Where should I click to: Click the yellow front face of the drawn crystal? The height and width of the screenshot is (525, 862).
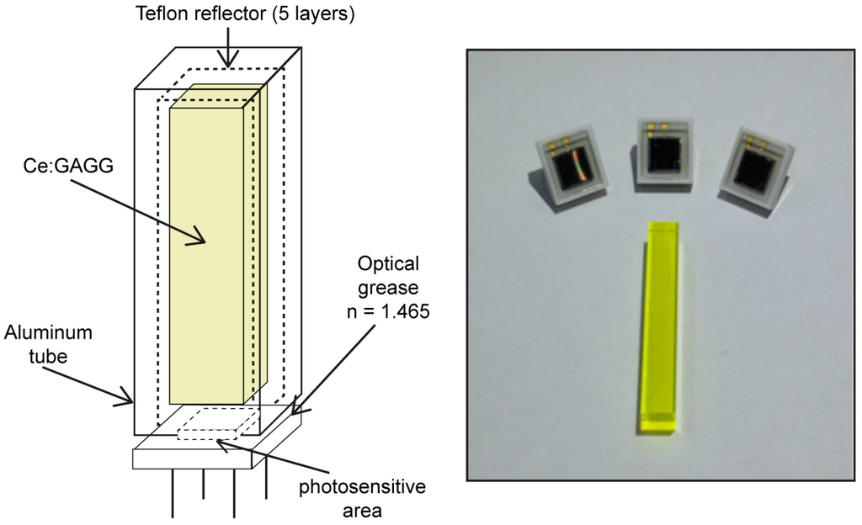[x=207, y=252]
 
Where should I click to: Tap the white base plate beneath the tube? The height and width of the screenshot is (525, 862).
[x=194, y=458]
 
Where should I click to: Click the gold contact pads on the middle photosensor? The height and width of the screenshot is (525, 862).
[x=657, y=127]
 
